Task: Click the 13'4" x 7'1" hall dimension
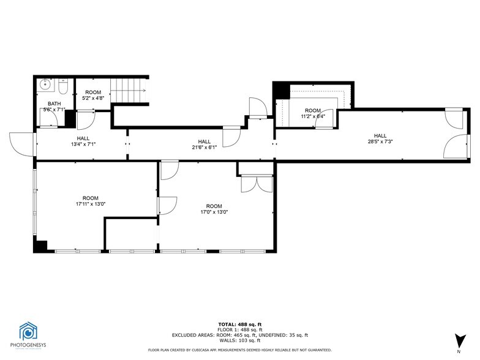[x=83, y=145]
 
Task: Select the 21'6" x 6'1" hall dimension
[x=204, y=148]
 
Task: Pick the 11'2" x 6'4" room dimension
[x=312, y=116]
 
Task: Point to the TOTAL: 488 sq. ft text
[x=239, y=324]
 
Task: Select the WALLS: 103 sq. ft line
[x=239, y=341]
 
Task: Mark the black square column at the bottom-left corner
[x=41, y=246]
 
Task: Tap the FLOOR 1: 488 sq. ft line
[x=239, y=329]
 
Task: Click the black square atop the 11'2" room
[x=281, y=89]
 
